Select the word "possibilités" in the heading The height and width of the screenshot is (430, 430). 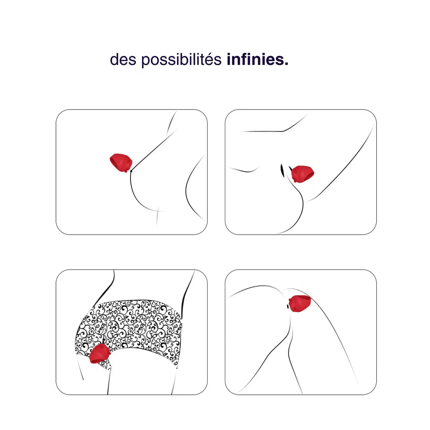pos(181,60)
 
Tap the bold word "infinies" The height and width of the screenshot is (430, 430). pos(255,59)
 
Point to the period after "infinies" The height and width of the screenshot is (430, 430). pos(286,64)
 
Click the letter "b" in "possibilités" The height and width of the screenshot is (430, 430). pos(183,59)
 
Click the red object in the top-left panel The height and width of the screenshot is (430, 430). pos(121,163)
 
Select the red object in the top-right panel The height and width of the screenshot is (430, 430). pos(302,174)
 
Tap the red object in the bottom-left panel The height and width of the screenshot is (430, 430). pos(100,354)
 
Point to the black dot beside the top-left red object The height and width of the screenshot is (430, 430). pos(131,171)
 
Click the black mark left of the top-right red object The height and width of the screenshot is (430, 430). pos(282,170)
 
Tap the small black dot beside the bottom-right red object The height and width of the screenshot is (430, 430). pos(287,306)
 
